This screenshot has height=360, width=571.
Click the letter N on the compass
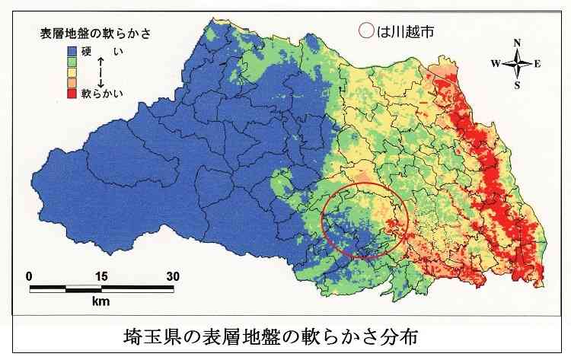[517, 43]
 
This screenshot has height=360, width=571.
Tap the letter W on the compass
[496, 64]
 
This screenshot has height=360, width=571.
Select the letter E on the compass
[538, 64]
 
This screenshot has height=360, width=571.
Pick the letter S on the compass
[517, 85]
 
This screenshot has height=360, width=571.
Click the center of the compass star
[517, 64]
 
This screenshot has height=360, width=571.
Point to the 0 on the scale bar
[29, 276]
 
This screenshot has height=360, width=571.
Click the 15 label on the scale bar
[100, 276]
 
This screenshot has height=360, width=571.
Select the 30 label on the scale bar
[172, 276]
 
